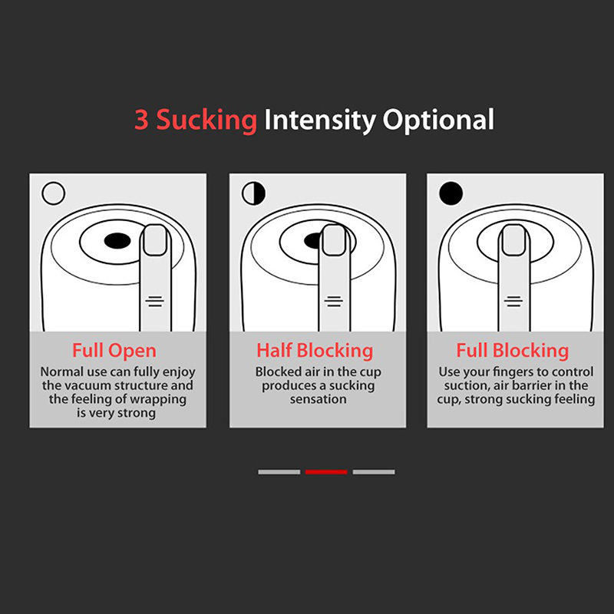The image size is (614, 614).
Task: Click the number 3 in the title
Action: pos(141,120)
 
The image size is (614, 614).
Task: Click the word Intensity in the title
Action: pos(319,120)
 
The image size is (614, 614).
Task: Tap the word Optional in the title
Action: pos(438,120)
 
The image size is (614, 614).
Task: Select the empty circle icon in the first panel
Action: pos(53,193)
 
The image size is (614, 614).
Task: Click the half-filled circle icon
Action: pos(254,193)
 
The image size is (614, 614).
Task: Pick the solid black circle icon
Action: pos(451,193)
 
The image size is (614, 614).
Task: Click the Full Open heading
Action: pos(114,351)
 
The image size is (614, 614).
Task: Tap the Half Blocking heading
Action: pos(315,351)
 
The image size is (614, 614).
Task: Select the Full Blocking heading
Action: pos(513,351)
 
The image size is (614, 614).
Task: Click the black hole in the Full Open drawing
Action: pos(117,240)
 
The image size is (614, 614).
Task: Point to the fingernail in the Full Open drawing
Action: pos(155,240)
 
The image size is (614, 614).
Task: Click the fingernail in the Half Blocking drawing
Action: pos(334,240)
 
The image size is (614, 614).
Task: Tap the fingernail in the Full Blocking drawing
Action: pos(513,240)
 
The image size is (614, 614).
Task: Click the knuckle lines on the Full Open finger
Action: pos(155,301)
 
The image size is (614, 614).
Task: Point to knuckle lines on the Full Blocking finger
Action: pos(513,301)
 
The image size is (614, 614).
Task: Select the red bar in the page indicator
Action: pos(326,472)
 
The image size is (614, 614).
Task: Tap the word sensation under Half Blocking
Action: pos(318,399)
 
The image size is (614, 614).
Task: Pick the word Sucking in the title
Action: pos(206,120)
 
